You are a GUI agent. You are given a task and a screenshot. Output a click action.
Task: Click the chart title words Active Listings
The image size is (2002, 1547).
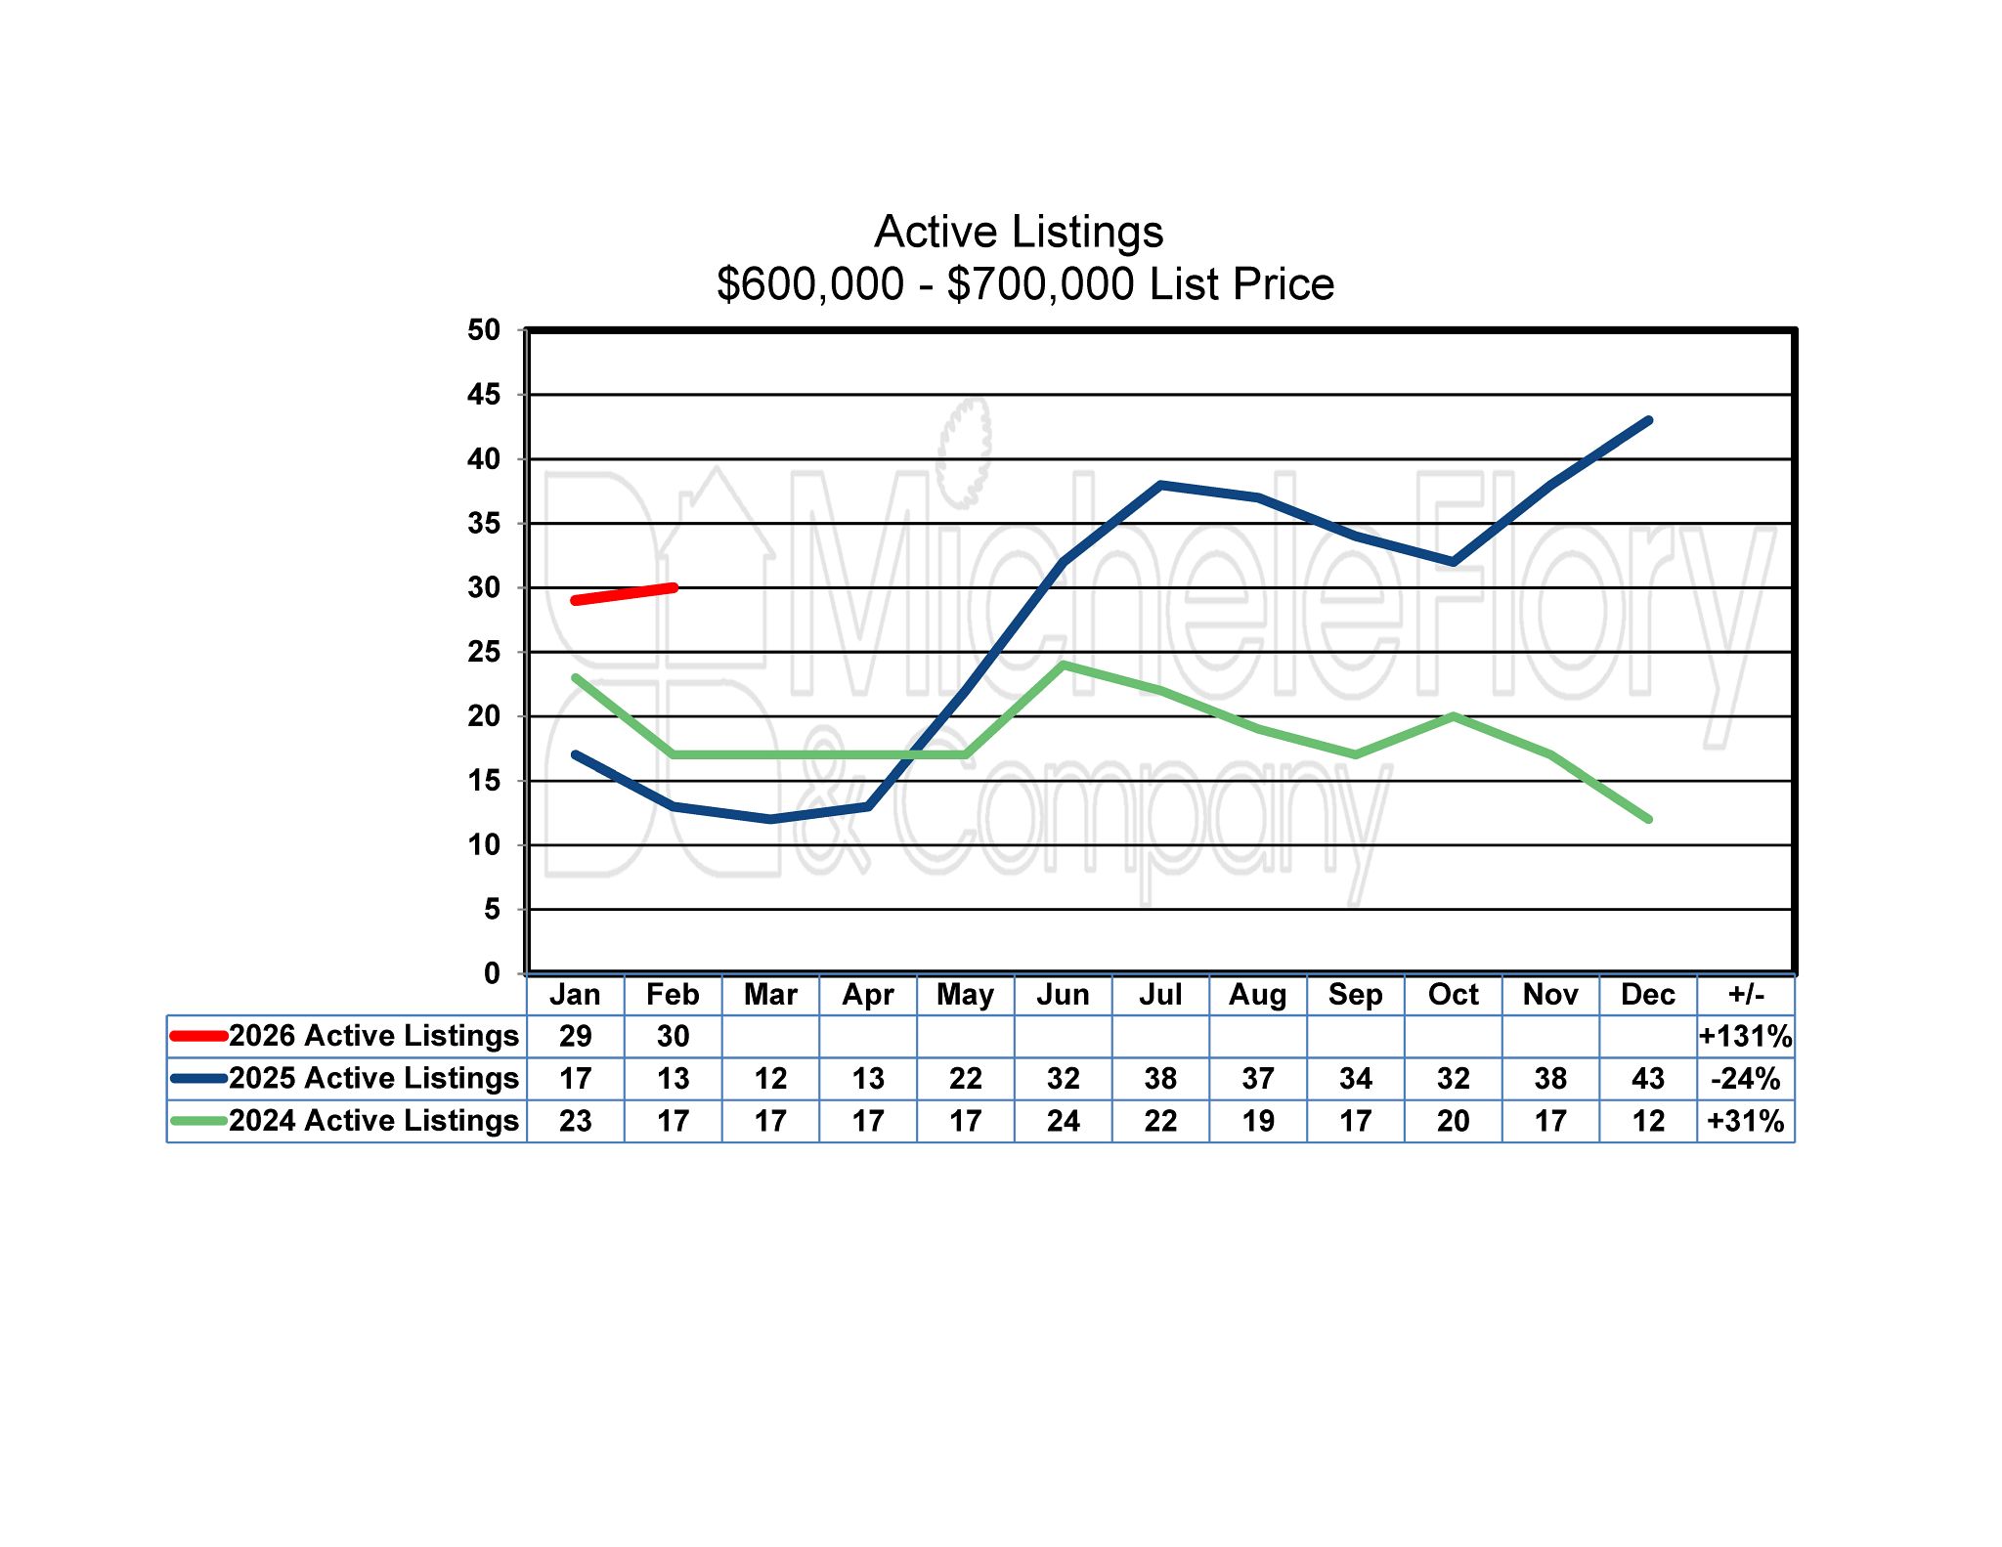coord(1019,233)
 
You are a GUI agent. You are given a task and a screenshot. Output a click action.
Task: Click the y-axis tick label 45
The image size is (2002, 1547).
coord(484,395)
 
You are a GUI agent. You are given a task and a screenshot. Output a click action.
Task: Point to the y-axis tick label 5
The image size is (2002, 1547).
coord(492,910)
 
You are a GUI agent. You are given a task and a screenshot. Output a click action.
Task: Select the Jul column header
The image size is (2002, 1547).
coord(1160,995)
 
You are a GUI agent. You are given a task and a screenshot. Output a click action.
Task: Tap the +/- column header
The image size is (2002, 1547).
coord(1746,995)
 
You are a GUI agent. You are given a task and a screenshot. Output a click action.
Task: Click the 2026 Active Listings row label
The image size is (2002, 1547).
coord(373,1036)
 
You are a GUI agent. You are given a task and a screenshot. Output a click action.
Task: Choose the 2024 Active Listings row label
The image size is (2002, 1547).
coord(373,1120)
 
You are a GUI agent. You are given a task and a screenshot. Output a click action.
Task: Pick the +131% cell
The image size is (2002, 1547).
coord(1746,1037)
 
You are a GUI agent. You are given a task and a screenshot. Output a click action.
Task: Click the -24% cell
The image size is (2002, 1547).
coord(1746,1079)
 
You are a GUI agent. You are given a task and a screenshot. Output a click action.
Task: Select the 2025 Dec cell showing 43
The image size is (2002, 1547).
coord(1648,1079)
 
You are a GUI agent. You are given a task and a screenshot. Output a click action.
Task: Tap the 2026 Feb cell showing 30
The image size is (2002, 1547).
coord(673,1037)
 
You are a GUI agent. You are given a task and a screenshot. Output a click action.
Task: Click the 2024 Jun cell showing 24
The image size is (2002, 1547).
coord(1063,1121)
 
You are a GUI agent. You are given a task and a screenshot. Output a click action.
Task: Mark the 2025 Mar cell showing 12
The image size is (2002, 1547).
coord(770,1079)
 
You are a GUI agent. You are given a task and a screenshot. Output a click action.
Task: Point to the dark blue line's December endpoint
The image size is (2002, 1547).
coord(1649,421)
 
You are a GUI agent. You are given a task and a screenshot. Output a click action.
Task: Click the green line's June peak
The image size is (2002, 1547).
coord(1063,666)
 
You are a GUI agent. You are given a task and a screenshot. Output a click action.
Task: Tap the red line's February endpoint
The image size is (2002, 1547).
coord(673,587)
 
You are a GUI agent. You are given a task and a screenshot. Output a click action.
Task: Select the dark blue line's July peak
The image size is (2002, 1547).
coord(1160,485)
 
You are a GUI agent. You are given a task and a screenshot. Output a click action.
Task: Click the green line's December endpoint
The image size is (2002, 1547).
coord(1649,819)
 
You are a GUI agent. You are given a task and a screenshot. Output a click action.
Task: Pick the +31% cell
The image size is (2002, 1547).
coord(1746,1121)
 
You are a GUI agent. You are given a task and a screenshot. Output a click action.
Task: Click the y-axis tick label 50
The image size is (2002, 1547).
coord(484,330)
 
